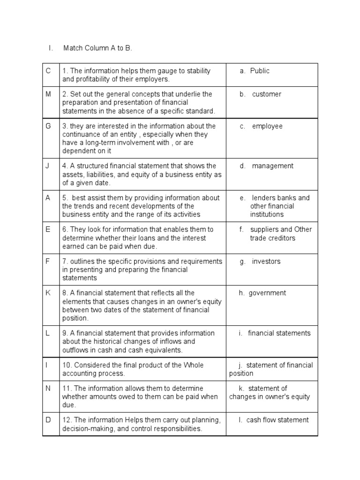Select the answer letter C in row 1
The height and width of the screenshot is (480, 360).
click(48, 71)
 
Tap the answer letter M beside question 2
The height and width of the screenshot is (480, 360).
click(48, 94)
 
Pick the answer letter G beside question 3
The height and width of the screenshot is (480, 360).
click(48, 126)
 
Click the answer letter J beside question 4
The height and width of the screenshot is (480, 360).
click(47, 166)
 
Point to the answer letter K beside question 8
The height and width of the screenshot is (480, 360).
click(48, 293)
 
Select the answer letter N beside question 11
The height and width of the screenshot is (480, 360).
click(48, 389)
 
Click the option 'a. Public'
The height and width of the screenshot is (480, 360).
click(255, 71)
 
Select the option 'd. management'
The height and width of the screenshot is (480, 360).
click(266, 166)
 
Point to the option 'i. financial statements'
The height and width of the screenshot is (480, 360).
click(274, 333)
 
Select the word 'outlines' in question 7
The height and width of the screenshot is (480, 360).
click(82, 262)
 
